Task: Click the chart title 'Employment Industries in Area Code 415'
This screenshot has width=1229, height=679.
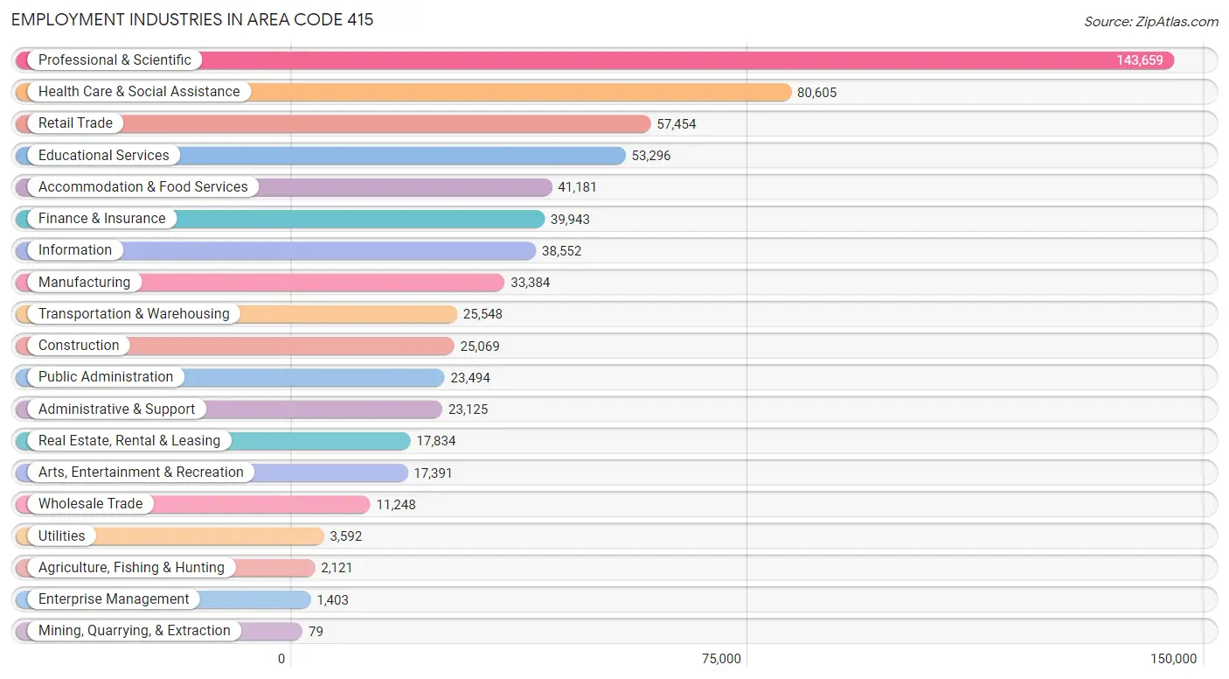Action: click(x=192, y=19)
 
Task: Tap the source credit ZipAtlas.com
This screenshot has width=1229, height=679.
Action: click(x=1150, y=22)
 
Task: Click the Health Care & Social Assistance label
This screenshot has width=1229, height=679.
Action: click(x=138, y=92)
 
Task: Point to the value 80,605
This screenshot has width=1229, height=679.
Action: click(x=816, y=93)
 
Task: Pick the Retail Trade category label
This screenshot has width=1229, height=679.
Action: click(x=75, y=123)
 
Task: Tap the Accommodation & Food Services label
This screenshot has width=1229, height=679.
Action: click(x=142, y=187)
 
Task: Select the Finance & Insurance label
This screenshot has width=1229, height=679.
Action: click(x=101, y=219)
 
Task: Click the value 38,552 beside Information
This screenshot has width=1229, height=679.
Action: click(x=561, y=251)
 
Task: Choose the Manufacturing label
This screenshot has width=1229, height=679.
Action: click(x=84, y=283)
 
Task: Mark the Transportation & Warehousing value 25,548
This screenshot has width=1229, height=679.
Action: click(x=483, y=314)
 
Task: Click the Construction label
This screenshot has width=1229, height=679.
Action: click(x=79, y=346)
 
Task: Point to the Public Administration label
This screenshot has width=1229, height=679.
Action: click(x=106, y=377)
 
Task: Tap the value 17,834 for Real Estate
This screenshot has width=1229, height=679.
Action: click(x=435, y=441)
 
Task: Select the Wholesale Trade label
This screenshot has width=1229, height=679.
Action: click(x=90, y=504)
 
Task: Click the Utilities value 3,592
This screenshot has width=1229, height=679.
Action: click(x=345, y=536)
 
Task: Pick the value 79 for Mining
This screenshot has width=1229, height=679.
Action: click(x=316, y=631)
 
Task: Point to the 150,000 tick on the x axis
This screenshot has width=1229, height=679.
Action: click(x=1173, y=659)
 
